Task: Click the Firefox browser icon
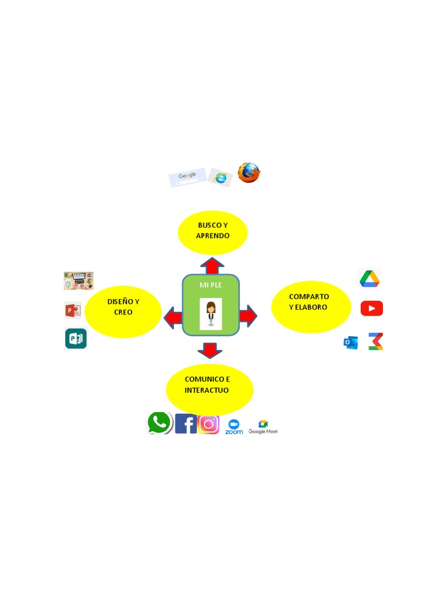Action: (x=249, y=173)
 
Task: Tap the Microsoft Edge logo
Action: (x=220, y=178)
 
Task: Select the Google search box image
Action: (x=188, y=178)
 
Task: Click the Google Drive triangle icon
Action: (x=370, y=279)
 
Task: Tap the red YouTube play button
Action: (x=371, y=308)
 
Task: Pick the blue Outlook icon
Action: (x=350, y=343)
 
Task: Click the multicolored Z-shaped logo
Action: (x=376, y=341)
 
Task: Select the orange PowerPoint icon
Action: (x=73, y=310)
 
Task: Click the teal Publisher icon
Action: (x=76, y=339)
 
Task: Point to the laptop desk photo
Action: (x=79, y=281)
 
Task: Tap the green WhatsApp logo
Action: (x=159, y=423)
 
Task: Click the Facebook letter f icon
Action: (x=186, y=424)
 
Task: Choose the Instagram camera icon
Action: (x=208, y=424)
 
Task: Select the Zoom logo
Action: (x=234, y=427)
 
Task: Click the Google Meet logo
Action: (x=263, y=427)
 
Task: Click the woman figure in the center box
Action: (x=211, y=313)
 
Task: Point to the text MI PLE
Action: (x=211, y=285)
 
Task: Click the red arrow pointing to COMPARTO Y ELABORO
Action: (x=247, y=316)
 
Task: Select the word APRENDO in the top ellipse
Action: (x=212, y=236)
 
